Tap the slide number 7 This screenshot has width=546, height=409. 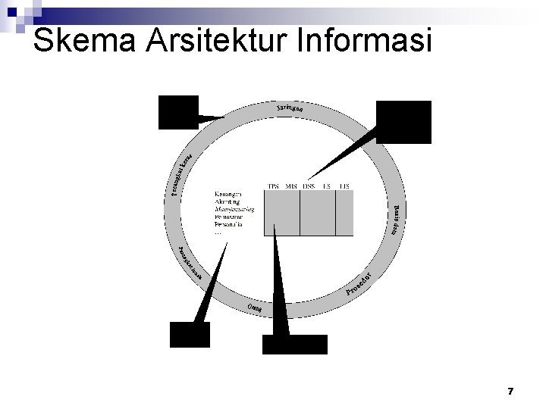(510, 392)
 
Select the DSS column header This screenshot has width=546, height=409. (309, 186)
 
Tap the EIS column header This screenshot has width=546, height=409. (344, 186)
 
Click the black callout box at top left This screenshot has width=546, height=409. (177, 112)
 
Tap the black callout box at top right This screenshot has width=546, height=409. (403, 122)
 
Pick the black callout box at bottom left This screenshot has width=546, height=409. (190, 333)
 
